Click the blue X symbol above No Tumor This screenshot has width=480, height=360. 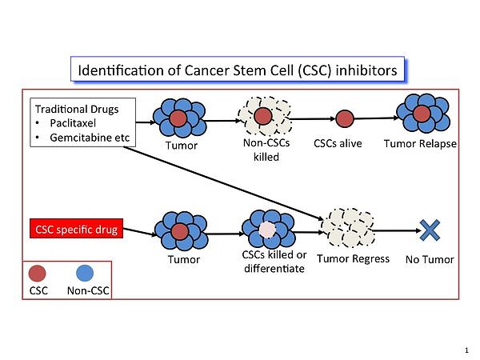(x=430, y=230)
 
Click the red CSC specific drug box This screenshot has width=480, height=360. (x=76, y=230)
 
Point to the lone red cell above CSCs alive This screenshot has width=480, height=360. (x=345, y=118)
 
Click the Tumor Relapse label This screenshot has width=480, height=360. (x=421, y=144)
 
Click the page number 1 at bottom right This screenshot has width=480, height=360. (x=466, y=350)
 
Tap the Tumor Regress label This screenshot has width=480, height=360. (x=353, y=258)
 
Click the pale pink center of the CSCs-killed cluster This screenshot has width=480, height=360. (x=266, y=230)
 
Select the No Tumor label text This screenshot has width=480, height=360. (x=430, y=259)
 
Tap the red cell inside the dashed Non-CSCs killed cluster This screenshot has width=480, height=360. (x=263, y=117)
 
